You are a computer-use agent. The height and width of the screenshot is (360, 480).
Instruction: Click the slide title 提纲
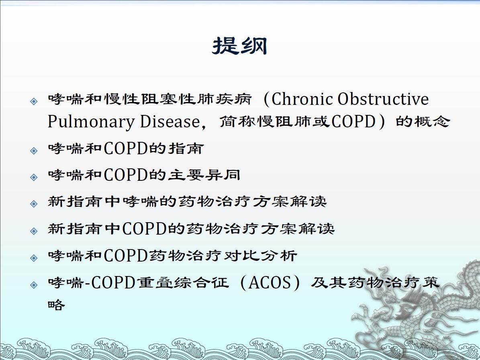pyautogui.click(x=240, y=46)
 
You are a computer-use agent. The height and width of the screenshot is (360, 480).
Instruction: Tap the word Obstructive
pyautogui.click(x=383, y=99)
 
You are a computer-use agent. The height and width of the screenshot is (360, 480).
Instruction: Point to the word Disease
pyautogui.click(x=170, y=121)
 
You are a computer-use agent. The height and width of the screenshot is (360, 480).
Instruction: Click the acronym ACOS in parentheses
pyautogui.click(x=270, y=282)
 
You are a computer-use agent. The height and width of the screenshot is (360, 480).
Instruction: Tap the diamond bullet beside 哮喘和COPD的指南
pyautogui.click(x=34, y=151)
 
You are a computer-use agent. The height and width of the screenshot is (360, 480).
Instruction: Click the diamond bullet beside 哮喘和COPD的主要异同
pyautogui.click(x=34, y=177)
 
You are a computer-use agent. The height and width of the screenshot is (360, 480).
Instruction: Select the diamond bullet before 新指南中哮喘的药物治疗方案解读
pyautogui.click(x=34, y=204)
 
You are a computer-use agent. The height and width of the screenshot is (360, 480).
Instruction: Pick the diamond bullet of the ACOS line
pyautogui.click(x=34, y=285)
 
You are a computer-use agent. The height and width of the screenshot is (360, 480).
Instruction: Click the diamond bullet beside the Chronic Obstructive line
pyautogui.click(x=34, y=101)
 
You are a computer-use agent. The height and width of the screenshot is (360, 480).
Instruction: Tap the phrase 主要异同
pyautogui.click(x=204, y=175)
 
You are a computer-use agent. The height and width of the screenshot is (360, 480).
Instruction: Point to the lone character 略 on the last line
pyautogui.click(x=57, y=304)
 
